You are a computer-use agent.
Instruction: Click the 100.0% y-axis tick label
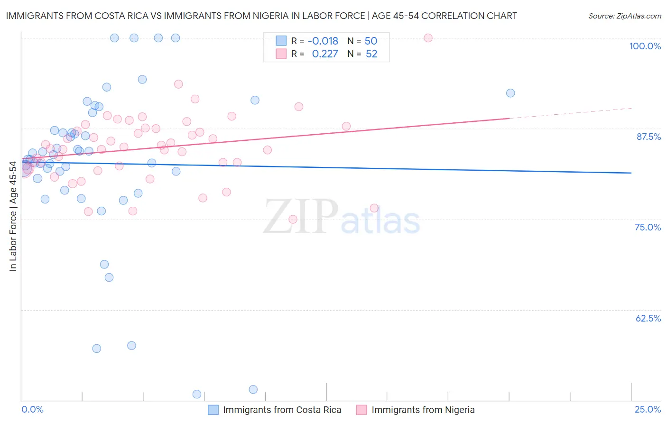click(x=645, y=46)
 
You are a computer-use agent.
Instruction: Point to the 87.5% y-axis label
click(x=648, y=137)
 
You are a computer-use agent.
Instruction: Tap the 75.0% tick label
click(x=648, y=227)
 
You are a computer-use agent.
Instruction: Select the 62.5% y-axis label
click(x=648, y=318)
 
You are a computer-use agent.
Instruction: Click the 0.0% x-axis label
click(x=32, y=409)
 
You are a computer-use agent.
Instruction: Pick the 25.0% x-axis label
click(x=648, y=409)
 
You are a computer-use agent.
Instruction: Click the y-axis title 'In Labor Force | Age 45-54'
click(x=13, y=216)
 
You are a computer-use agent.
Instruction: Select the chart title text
click(x=261, y=16)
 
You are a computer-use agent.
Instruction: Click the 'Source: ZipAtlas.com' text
click(x=624, y=16)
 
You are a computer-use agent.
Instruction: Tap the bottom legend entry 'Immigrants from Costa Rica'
click(x=282, y=410)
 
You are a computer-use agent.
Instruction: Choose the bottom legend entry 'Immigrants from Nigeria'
click(x=423, y=410)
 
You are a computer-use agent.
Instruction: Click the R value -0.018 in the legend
click(x=323, y=41)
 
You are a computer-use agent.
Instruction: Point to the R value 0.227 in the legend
click(x=325, y=54)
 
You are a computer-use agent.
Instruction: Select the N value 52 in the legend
click(x=371, y=54)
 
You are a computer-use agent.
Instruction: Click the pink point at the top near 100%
click(x=428, y=38)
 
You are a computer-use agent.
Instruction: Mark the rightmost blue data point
click(x=510, y=93)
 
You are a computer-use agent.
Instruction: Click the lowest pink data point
click(x=293, y=219)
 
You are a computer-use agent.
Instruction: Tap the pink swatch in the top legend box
click(x=281, y=54)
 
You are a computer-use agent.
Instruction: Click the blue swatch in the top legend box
click(x=281, y=41)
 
